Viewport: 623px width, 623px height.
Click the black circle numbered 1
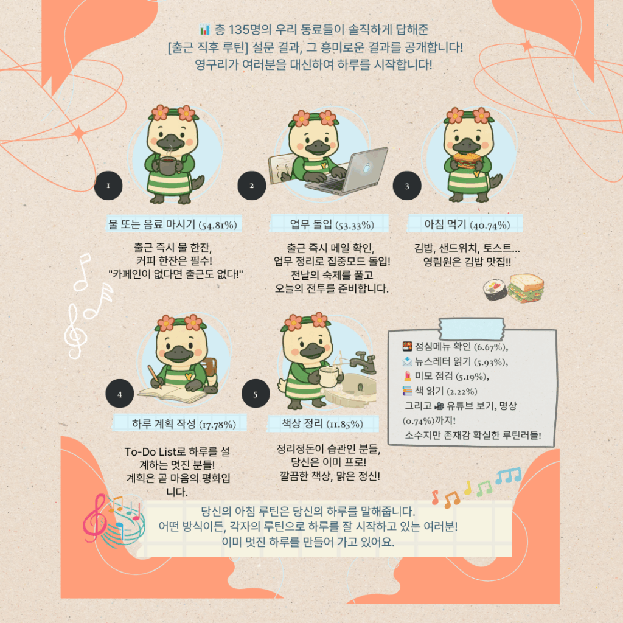click(108, 186)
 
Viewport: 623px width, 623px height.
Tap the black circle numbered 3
click(407, 186)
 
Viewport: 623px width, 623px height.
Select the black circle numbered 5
click(256, 394)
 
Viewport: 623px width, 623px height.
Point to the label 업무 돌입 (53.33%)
click(332, 224)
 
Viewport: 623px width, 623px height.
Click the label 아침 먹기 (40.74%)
click(467, 224)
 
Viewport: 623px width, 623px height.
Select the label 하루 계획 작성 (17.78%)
click(184, 424)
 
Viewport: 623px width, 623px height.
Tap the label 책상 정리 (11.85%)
click(322, 423)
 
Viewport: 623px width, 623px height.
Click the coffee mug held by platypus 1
click(168, 164)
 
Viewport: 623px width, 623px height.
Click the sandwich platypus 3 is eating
click(467, 160)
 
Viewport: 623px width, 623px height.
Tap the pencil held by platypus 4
click(155, 376)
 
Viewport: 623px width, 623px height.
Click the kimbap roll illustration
click(495, 290)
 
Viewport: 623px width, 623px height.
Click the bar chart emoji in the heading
click(204, 29)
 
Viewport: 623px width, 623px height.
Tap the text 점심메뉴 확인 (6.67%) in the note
click(461, 347)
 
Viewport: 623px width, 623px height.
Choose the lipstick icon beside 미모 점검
click(407, 376)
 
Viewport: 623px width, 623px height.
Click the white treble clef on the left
click(75, 330)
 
